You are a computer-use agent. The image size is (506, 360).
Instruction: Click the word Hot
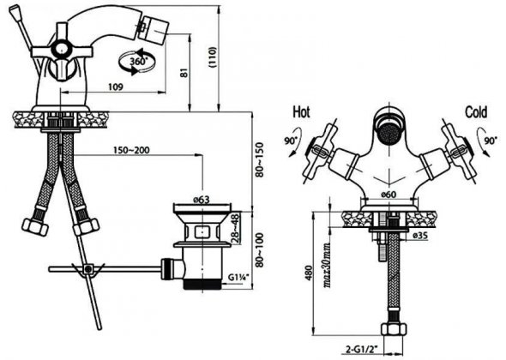(x=301, y=112)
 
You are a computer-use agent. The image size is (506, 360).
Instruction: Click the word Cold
(x=476, y=112)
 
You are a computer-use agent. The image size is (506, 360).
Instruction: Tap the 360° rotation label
(x=138, y=61)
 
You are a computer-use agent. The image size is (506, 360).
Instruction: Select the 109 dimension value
(x=115, y=87)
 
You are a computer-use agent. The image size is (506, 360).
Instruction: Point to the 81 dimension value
(x=184, y=73)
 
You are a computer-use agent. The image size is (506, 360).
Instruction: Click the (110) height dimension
(x=213, y=57)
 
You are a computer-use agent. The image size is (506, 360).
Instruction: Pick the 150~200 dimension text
(x=131, y=150)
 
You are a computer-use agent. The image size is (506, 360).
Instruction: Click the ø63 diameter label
(x=202, y=200)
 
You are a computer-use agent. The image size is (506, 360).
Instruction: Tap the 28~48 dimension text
(x=236, y=228)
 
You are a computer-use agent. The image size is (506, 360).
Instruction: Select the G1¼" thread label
(x=238, y=278)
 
